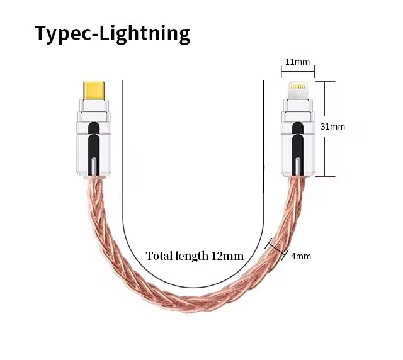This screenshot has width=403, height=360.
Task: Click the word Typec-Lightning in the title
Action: click(x=111, y=33)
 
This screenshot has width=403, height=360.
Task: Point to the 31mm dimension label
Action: click(x=333, y=127)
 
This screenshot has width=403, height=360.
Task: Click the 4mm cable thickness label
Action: click(x=301, y=256)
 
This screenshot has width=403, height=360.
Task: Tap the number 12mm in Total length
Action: click(x=229, y=256)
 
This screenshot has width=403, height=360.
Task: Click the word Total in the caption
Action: click(x=159, y=256)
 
